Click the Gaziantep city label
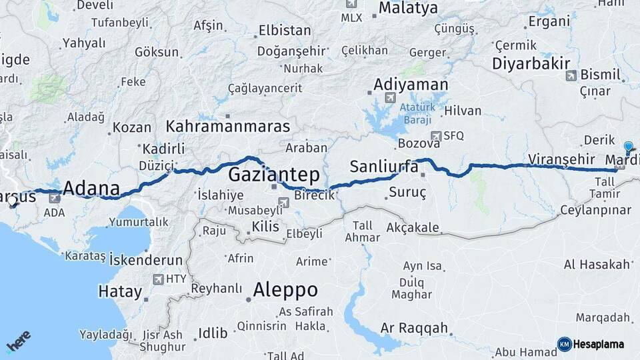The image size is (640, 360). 273,175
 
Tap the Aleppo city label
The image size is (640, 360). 285,290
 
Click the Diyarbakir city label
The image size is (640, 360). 531,63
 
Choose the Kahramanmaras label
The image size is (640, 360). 227,126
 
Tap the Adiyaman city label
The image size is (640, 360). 411,85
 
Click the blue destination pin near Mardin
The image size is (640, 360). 628,148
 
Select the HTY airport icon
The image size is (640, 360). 159,279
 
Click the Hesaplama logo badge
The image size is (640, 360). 592,344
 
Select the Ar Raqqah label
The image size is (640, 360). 413,329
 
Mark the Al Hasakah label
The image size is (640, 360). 597,265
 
